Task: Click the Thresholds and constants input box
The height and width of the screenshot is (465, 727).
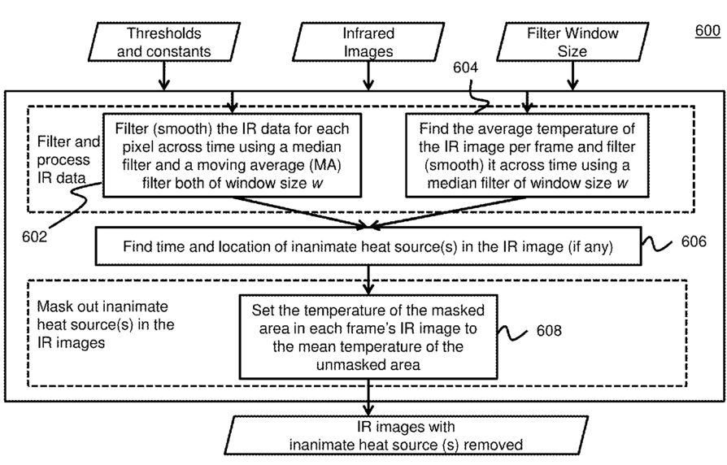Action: click(164, 41)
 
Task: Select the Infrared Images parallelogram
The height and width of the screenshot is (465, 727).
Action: click(368, 41)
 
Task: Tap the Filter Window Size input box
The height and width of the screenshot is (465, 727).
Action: click(572, 41)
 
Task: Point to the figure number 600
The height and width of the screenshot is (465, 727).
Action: click(707, 31)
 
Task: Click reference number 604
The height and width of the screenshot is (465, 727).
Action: click(465, 67)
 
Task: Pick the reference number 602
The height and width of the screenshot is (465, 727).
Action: click(34, 237)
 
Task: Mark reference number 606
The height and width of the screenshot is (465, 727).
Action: click(694, 241)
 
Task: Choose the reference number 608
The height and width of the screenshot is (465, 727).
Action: click(549, 331)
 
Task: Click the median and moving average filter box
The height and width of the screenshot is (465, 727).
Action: click(232, 155)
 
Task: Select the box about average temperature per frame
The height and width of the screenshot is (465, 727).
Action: click(527, 155)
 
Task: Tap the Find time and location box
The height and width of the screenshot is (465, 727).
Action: click(368, 246)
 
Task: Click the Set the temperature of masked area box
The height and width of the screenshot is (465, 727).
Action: click(368, 337)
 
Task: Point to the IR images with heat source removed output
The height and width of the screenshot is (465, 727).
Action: click(406, 436)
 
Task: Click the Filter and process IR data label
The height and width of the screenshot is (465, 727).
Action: click(68, 160)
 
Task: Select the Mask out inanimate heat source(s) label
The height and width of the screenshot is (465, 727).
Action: click(105, 324)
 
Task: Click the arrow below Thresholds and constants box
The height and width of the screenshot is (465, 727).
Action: click(164, 76)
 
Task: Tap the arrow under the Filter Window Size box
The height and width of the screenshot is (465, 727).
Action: click(572, 76)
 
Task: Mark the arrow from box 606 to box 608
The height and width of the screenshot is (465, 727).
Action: click(368, 280)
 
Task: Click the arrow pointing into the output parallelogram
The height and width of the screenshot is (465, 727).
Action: click(368, 398)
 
